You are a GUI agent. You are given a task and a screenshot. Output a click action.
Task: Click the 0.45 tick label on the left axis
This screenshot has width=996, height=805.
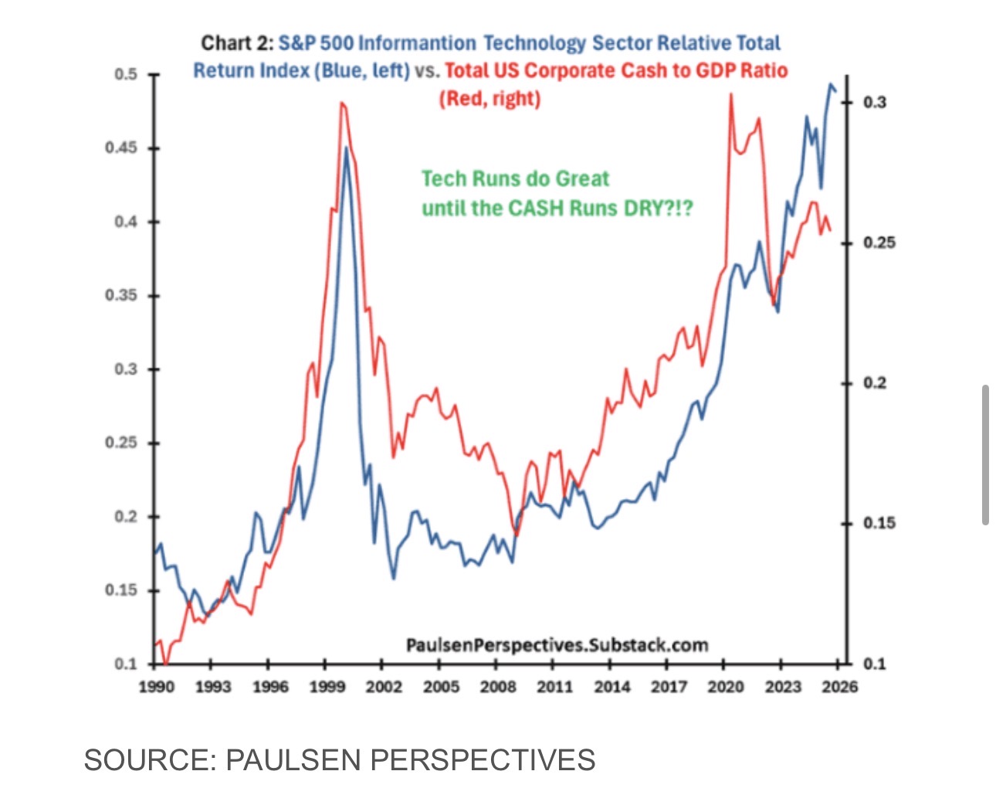tap(120, 148)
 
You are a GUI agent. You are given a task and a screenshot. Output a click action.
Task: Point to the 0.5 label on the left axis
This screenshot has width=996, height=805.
tap(125, 74)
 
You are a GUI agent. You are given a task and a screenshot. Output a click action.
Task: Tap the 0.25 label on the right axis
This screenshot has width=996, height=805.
tap(879, 243)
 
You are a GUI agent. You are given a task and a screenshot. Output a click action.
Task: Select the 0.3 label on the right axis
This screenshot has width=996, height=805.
tap(875, 102)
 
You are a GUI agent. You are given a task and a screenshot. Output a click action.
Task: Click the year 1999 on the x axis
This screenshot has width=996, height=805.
tap(327, 686)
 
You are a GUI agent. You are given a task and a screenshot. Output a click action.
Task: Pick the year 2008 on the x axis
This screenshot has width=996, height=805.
tap(498, 686)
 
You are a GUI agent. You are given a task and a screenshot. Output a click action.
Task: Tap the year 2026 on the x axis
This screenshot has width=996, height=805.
tap(839, 686)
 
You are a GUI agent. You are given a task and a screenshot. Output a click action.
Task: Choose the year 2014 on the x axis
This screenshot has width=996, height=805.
tap(612, 686)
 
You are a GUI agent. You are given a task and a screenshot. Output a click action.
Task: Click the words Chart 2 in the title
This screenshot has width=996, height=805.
tap(236, 43)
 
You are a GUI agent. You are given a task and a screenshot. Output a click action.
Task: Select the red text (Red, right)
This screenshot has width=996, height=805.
tap(490, 99)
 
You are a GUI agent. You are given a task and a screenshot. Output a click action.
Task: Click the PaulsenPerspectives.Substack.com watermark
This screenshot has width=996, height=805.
tap(557, 644)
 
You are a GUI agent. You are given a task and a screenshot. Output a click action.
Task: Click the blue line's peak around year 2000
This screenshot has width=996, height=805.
tap(347, 147)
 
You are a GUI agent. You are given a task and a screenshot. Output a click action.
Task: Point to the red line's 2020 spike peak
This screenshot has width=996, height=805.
tap(730, 94)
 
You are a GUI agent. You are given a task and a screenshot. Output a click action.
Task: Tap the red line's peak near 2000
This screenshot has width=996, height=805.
tap(340, 103)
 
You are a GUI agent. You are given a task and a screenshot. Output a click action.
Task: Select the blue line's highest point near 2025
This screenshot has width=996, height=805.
tap(831, 84)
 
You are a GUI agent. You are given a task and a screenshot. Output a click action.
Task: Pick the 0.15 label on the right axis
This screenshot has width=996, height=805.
tap(879, 523)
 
